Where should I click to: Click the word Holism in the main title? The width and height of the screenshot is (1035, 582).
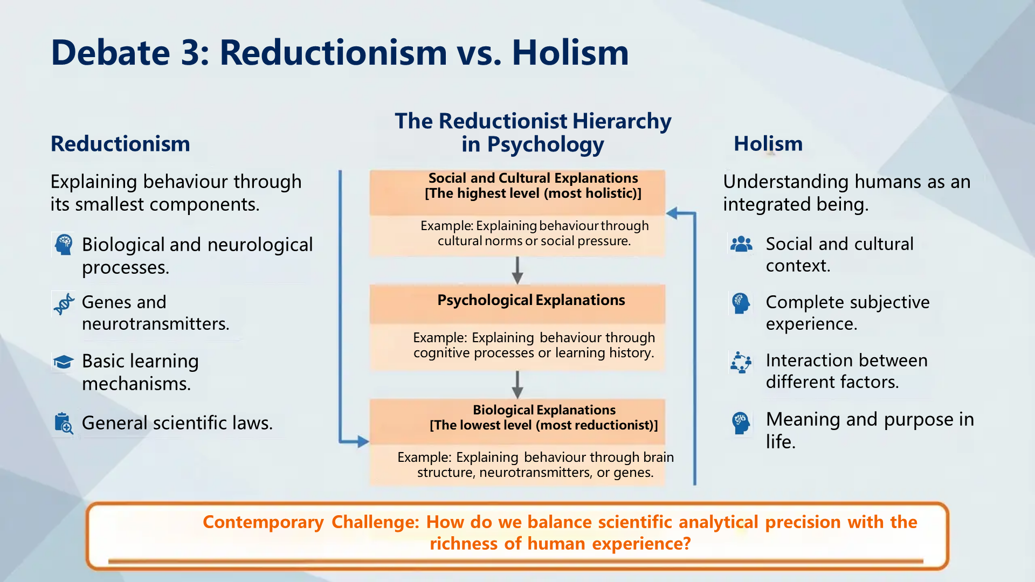pyautogui.click(x=570, y=53)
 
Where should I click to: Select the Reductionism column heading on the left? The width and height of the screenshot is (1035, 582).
pyautogui.click(x=120, y=144)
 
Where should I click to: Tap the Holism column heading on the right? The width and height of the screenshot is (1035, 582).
pyautogui.click(x=768, y=144)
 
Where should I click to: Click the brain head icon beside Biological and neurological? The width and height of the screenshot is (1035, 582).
pyautogui.click(x=64, y=245)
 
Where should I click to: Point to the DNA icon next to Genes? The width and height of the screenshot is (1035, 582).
pyautogui.click(x=64, y=304)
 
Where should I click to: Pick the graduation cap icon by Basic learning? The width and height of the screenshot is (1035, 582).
pyautogui.click(x=64, y=362)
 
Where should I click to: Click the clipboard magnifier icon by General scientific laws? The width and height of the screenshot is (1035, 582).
pyautogui.click(x=64, y=423)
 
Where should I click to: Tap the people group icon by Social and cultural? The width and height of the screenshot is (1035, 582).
pyautogui.click(x=741, y=245)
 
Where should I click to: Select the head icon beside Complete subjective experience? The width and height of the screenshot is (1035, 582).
pyautogui.click(x=741, y=303)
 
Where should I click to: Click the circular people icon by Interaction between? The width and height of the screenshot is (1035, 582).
pyautogui.click(x=741, y=362)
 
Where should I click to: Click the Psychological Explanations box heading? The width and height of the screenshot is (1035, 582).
pyautogui.click(x=531, y=300)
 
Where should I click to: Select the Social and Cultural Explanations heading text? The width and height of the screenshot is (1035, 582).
pyautogui.click(x=533, y=178)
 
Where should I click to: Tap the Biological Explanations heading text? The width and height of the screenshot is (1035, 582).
pyautogui.click(x=544, y=410)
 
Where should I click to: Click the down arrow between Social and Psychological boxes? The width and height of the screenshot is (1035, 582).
pyautogui.click(x=517, y=271)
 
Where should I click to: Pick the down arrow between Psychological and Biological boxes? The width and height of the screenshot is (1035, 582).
pyautogui.click(x=517, y=385)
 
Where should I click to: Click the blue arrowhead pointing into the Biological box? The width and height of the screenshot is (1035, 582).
pyautogui.click(x=362, y=442)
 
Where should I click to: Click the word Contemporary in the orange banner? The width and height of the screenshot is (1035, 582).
pyautogui.click(x=263, y=522)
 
